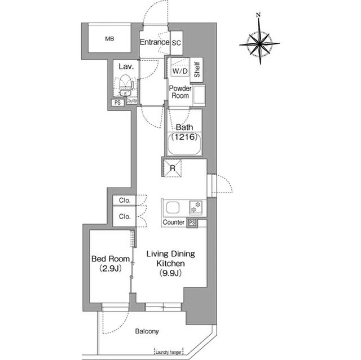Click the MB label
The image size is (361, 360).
tap(109, 39)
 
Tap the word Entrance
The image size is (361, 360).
tap(155, 42)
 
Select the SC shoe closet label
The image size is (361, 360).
tap(177, 43)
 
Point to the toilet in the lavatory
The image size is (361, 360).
tap(125, 82)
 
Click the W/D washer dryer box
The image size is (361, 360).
tap(180, 71)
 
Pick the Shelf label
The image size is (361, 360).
tap(197, 70)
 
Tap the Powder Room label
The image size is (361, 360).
tap(180, 92)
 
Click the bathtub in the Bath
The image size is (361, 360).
tap(184, 144)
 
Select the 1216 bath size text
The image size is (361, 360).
tap(184, 137)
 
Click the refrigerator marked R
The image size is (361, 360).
tap(172, 168)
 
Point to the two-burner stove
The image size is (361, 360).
tap(196, 207)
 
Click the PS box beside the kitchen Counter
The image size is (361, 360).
tap(192, 223)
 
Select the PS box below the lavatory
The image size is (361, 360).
tap(118, 103)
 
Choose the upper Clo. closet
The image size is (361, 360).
tap(125, 200)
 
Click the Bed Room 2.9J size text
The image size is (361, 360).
tap(111, 268)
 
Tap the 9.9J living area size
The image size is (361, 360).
tap(170, 273)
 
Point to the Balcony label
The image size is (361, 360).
tap(147, 331)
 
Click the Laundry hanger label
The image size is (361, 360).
tap(168, 352)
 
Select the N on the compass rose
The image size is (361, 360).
tap(258, 15)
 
